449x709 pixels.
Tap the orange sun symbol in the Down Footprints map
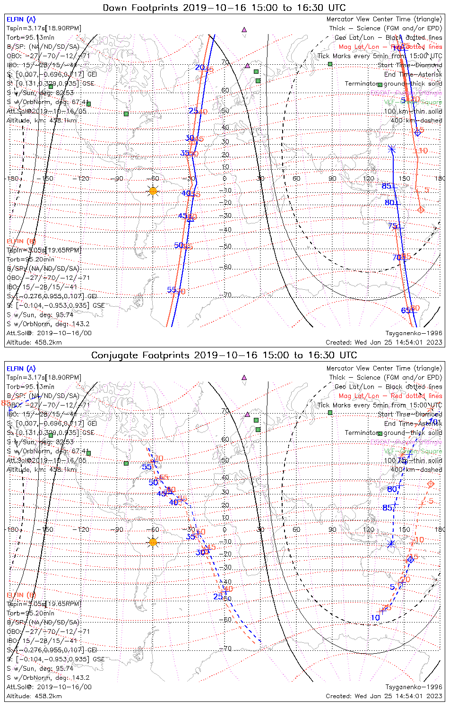[153, 191]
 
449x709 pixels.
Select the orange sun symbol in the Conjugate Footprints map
[153, 542]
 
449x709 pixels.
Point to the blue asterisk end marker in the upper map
[391, 149]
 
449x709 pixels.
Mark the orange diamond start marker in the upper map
[421, 209]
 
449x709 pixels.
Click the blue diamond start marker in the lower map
[411, 560]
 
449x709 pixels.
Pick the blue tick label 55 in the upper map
[172, 290]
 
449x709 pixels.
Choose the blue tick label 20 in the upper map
[199, 68]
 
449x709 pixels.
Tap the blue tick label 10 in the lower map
[375, 617]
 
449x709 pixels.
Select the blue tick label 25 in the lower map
[218, 597]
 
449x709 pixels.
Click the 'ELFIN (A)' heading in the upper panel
[21, 19]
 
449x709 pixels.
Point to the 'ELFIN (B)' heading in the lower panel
[21, 595]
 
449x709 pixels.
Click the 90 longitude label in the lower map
[332, 529]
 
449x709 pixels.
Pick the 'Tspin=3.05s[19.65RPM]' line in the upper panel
[43, 250]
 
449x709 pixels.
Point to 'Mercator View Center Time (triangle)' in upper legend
[384, 19]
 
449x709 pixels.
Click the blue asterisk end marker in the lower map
[390, 544]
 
